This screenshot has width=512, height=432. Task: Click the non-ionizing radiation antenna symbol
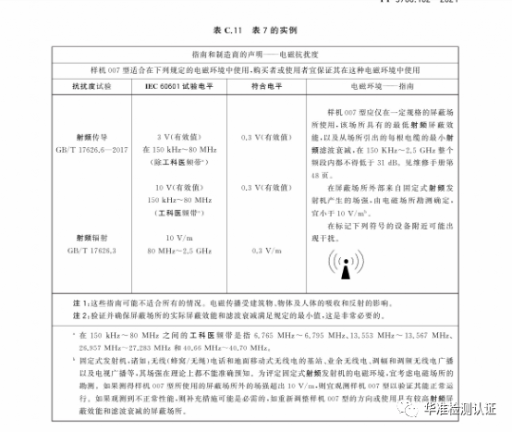(x=343, y=265)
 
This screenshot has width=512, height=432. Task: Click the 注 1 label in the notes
(x=55, y=303)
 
